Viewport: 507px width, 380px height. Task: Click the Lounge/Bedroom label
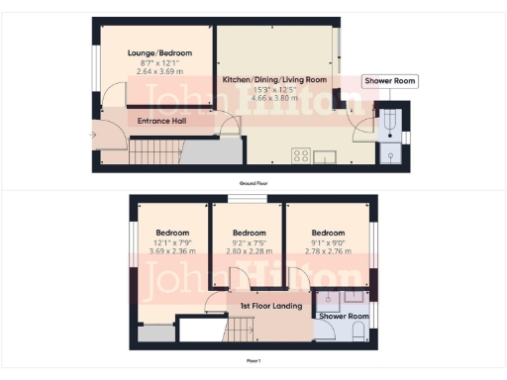pos(159,53)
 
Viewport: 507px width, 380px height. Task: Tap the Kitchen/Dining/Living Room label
pos(275,79)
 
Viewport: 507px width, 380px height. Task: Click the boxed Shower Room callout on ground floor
pos(383,81)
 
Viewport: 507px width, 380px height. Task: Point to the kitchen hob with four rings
pos(300,154)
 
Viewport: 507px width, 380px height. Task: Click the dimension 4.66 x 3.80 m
pos(275,99)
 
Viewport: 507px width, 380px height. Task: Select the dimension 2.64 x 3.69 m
pos(159,72)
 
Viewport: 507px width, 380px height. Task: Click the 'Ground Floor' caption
pos(253,183)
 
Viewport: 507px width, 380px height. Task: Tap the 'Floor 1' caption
pos(253,361)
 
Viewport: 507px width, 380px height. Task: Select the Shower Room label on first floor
pos(343,317)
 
